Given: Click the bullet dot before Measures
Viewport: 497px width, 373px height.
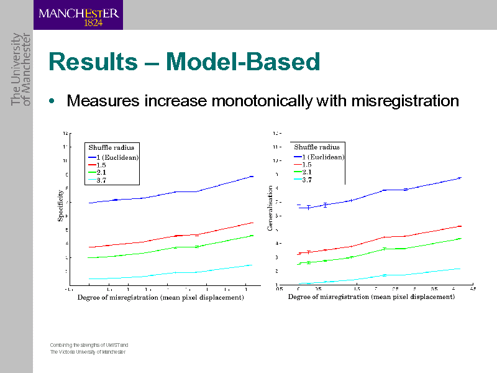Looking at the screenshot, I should point(54,101).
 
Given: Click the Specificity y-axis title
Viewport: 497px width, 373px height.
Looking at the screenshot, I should point(60,206).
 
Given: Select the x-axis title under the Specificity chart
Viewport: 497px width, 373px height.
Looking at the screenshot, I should point(160,298).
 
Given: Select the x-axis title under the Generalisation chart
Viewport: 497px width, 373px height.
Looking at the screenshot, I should point(371,297).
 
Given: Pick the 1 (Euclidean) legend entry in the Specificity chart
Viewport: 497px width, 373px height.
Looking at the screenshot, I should point(112,157).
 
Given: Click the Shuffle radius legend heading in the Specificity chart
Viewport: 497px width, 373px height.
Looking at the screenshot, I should point(111,147).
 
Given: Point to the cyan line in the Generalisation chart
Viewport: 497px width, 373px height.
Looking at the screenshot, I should point(385,275).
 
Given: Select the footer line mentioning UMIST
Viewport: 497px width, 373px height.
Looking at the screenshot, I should point(89,344).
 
